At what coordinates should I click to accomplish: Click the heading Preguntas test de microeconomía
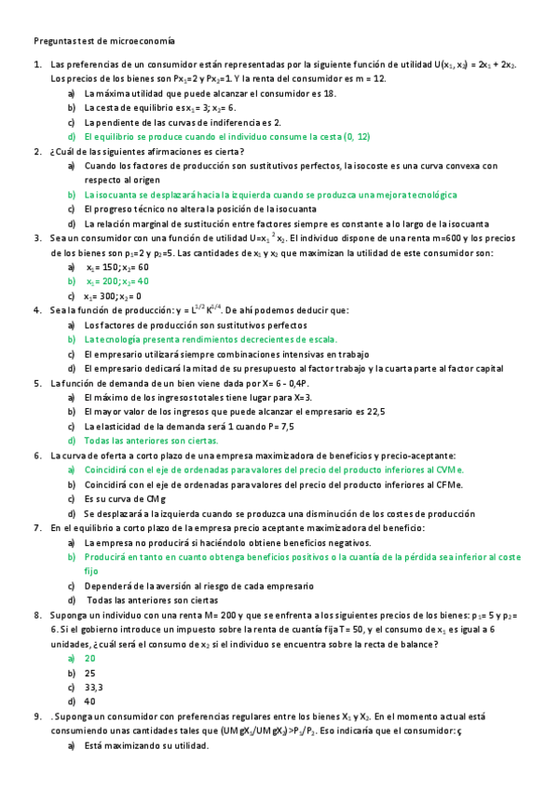[103, 41]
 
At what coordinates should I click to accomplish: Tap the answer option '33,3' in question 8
[93, 687]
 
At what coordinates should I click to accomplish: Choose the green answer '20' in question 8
[89, 658]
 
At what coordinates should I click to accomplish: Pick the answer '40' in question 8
[89, 701]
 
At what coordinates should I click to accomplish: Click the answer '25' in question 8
[89, 672]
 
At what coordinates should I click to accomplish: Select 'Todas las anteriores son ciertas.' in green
[151, 440]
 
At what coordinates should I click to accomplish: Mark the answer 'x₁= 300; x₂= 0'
[116, 295]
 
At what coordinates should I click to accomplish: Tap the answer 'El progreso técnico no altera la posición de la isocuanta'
[206, 209]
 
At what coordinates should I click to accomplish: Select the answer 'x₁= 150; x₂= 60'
[116, 266]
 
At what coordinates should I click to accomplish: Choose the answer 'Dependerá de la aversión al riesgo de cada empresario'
[211, 586]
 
